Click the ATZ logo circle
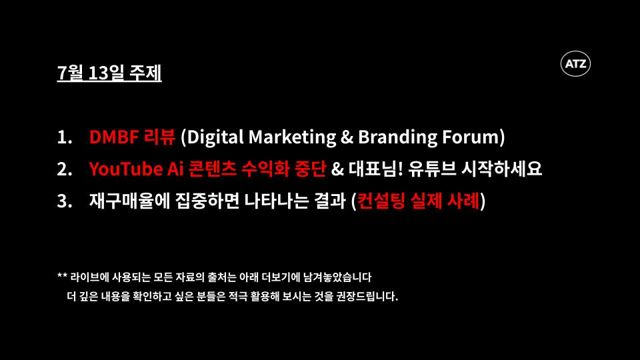[x=575, y=65]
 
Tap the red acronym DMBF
[x=113, y=137]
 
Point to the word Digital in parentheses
[x=213, y=137]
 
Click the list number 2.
[x=64, y=169]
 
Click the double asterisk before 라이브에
[x=63, y=275]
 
